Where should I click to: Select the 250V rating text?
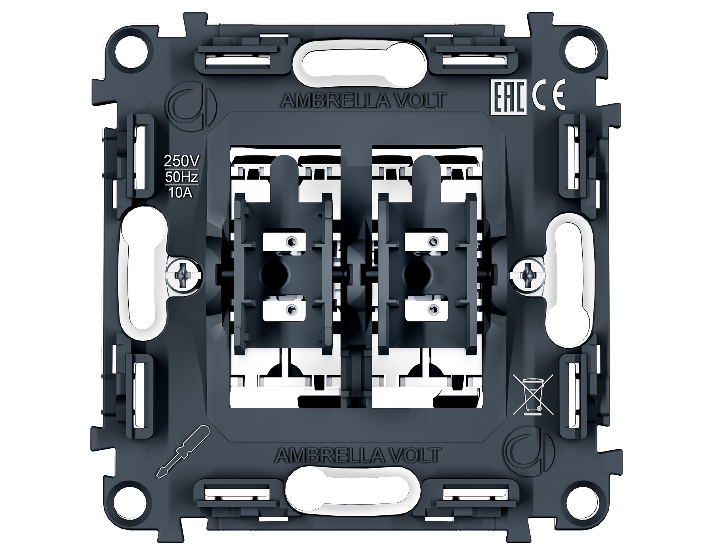(x=183, y=161)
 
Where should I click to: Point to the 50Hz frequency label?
(x=182, y=177)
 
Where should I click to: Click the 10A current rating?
(x=181, y=193)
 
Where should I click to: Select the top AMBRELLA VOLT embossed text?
(x=363, y=101)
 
